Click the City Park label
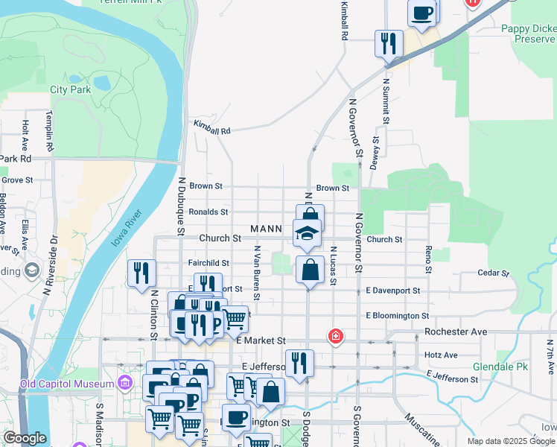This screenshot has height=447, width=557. pyautogui.click(x=70, y=89)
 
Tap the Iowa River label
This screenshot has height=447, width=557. pyautogui.click(x=127, y=227)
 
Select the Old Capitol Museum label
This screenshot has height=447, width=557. pyautogui.click(x=67, y=384)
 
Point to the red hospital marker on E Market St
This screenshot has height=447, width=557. pyautogui.click(x=336, y=337)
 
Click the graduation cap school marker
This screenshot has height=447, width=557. pyautogui.click(x=307, y=234)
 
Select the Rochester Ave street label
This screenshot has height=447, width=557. pyautogui.click(x=455, y=332)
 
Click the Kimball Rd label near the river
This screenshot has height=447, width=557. pyautogui.click(x=212, y=127)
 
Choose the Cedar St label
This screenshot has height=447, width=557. pyautogui.click(x=492, y=273)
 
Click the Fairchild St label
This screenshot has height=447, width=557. pyautogui.click(x=209, y=263)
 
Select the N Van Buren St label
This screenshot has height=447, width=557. pyautogui.click(x=257, y=273)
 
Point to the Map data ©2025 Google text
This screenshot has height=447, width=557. pyautogui.click(x=510, y=442)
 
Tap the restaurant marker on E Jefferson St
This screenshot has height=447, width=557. pyautogui.click(x=299, y=364)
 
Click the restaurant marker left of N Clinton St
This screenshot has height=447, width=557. pyautogui.click(x=141, y=273)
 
